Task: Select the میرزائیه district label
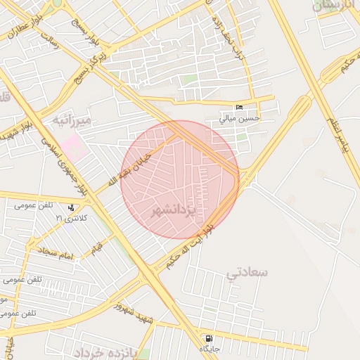(72, 122)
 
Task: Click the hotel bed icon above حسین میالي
(240, 108)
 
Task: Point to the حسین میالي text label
(240, 118)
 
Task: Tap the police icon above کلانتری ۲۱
(71, 208)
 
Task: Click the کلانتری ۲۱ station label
(71, 219)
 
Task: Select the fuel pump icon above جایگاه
(209, 338)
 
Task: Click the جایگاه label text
(209, 349)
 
